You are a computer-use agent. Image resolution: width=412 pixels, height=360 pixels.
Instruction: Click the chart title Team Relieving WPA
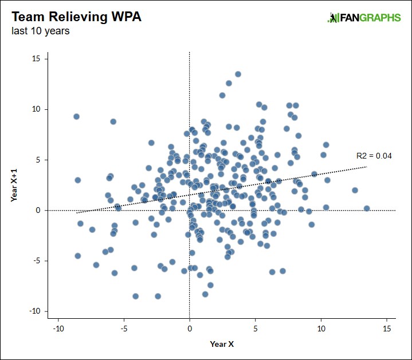76,17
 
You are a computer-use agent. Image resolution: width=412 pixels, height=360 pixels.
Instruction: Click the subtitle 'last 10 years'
41,31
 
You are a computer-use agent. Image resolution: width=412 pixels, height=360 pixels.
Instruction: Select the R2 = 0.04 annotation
374,155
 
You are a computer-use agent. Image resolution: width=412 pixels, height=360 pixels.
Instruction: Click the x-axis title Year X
222,344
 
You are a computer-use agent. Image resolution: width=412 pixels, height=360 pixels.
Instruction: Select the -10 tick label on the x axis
58,329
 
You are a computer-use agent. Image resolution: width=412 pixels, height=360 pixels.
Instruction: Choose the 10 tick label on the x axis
321,329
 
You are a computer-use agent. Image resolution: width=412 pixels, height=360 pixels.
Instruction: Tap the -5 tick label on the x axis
124,329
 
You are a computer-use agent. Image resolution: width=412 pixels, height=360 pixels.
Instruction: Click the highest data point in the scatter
238,74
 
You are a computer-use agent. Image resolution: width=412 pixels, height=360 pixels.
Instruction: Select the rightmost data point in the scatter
367,208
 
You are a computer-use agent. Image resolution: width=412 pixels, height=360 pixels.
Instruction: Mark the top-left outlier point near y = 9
76,116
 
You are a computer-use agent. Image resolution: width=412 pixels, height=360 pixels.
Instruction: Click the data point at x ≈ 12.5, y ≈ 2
355,190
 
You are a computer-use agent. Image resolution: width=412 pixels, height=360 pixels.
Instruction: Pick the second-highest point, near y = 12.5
229,83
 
